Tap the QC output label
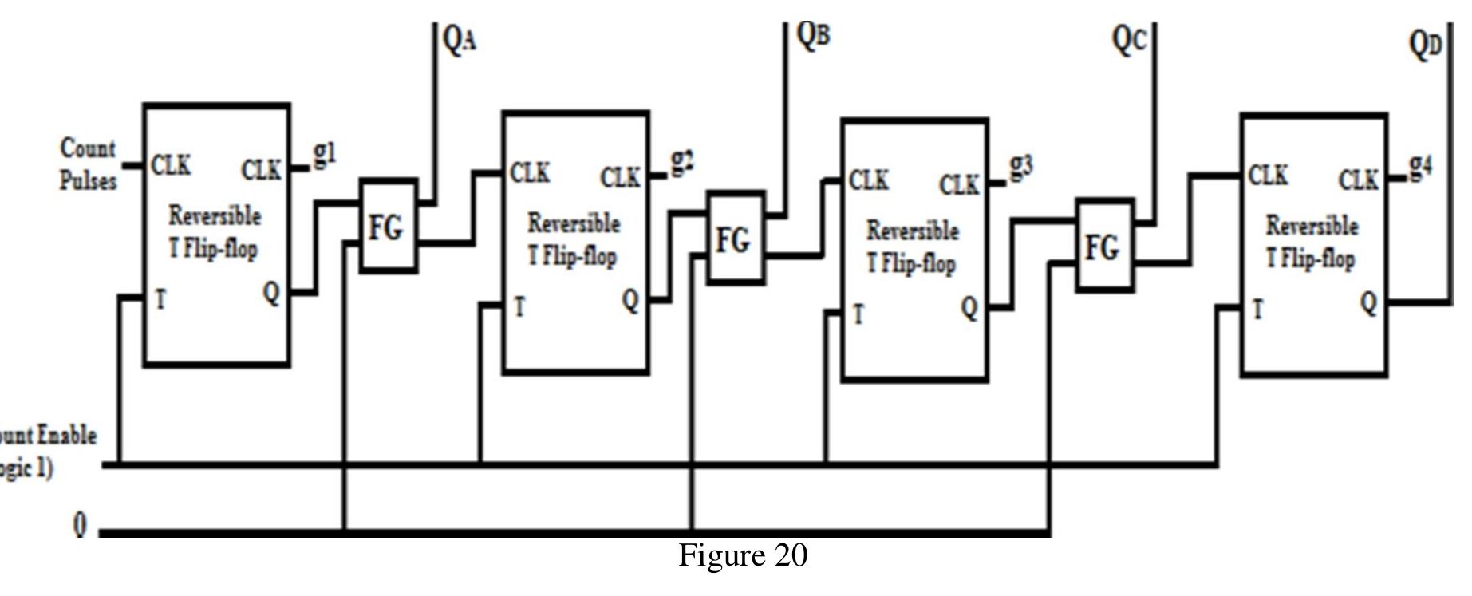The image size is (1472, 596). pos(1130,40)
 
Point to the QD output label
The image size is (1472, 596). pos(1427,45)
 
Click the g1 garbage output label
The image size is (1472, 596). pos(324,153)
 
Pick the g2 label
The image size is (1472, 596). pos(682,161)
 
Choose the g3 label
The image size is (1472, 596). pos(1021,167)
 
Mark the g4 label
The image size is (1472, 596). pos(1420,166)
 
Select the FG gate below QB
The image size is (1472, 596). pos(734,239)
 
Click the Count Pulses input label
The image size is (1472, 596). pos(88,164)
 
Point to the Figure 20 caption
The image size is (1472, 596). pos(743,555)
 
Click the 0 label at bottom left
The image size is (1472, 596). pos(80,526)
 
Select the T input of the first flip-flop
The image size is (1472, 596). pos(160,300)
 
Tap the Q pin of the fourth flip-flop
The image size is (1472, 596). pos(1368,303)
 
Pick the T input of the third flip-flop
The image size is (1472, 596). pos(858,314)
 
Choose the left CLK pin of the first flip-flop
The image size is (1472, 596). pos(171,165)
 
